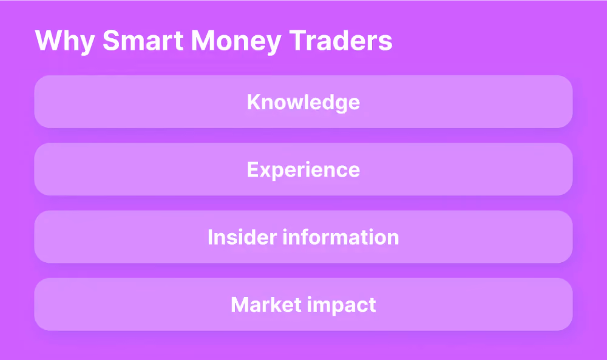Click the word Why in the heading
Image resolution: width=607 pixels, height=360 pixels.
coord(65,41)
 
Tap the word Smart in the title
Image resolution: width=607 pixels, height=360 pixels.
coord(143,40)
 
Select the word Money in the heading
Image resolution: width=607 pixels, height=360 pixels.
coord(236,41)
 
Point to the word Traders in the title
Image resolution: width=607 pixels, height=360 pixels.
coord(341,40)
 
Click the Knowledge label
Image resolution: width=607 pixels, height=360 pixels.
coord(303,103)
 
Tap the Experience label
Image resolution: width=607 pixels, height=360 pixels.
coord(303,171)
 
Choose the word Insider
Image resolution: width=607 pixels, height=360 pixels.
coord(242,237)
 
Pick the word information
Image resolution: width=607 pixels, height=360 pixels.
coord(341,237)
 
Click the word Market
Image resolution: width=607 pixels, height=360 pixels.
coord(266,305)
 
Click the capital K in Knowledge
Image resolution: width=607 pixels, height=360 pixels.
coord(254,102)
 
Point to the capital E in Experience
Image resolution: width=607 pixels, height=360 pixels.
coord(253,169)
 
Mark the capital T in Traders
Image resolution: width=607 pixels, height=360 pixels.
coord(299,40)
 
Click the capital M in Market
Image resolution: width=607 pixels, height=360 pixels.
coord(240,305)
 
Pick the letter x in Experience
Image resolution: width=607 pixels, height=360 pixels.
coord(265,172)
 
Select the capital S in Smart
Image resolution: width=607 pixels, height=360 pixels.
coord(111,40)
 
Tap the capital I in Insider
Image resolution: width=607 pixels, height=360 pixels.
coord(210,237)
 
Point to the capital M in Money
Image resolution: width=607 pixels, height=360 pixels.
coord(203,40)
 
